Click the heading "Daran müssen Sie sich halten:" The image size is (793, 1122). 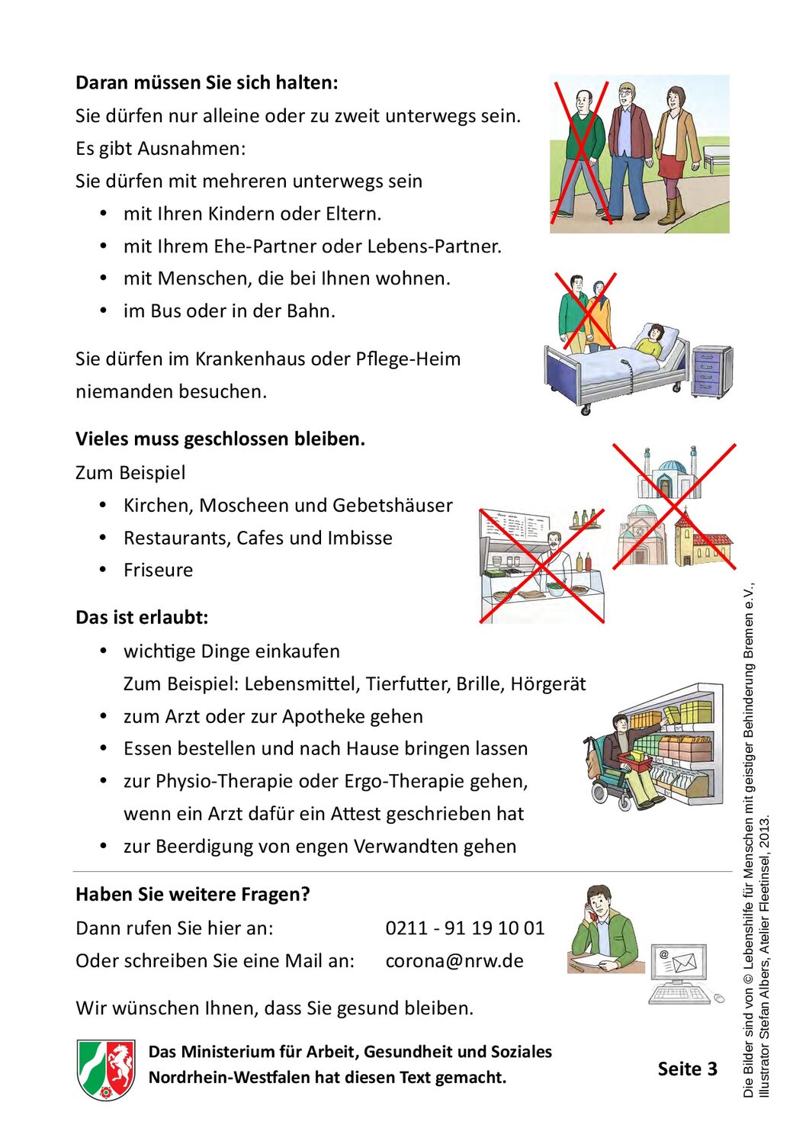click(x=206, y=82)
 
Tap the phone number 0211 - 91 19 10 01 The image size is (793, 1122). click(x=464, y=927)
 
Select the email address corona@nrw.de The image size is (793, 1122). click(x=454, y=960)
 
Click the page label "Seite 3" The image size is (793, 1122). click(x=687, y=1069)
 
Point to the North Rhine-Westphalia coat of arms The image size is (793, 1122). click(x=106, y=1069)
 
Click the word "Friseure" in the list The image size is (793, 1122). click(x=158, y=570)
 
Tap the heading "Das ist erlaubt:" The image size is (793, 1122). click(x=142, y=617)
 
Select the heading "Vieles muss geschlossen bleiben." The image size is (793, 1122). click(x=220, y=439)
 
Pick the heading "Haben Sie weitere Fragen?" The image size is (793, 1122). click(x=192, y=894)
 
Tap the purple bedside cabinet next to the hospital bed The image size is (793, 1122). click(x=711, y=371)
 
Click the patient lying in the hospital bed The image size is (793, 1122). click(x=652, y=340)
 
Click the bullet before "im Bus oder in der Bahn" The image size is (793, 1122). click(x=103, y=310)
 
